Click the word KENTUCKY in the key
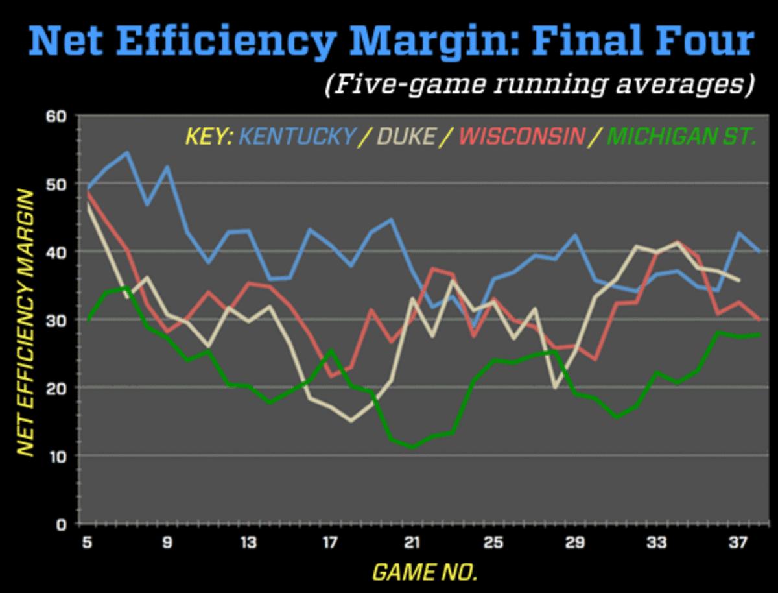coord(298,137)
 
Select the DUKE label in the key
coord(405,137)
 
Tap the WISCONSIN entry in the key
coord(522,137)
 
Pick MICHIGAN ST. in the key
coord(682,137)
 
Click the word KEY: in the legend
coord(209,137)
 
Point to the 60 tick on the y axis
coord(57,117)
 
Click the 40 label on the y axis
coord(57,252)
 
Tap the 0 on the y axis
coord(62,524)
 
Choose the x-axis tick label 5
coord(87,542)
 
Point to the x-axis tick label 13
coord(249,542)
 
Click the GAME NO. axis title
coord(425,572)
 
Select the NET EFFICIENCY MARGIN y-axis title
coord(25,322)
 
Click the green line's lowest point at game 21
coord(412,447)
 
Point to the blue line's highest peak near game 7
coord(127,152)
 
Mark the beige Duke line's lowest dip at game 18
coord(351,421)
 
